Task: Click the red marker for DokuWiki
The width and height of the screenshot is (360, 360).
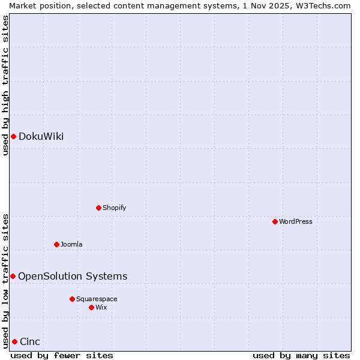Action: pos(13,136)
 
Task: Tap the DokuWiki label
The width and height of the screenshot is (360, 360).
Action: pos(41,137)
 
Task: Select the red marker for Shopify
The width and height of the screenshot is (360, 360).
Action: pos(98,208)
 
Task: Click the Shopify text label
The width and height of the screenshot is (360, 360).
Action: pos(114,208)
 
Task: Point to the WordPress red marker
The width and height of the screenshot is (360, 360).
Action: pos(275,221)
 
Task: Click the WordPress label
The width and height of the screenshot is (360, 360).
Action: pos(295,222)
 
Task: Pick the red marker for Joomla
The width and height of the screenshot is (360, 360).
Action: pos(56,244)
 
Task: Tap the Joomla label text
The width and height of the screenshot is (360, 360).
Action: pos(71,245)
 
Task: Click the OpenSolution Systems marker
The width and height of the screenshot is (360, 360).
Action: pos(13,276)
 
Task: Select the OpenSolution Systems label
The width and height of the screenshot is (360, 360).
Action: pos(73,277)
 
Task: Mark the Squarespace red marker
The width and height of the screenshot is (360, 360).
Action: pos(72,299)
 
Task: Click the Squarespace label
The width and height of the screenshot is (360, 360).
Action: pos(97,299)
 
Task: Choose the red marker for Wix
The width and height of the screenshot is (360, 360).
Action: pos(91,307)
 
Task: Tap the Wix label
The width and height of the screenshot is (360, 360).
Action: pos(101,308)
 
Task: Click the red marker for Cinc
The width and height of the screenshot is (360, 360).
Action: pos(14,341)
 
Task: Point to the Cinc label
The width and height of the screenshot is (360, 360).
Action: pos(30,342)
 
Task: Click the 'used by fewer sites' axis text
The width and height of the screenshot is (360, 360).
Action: pos(62,356)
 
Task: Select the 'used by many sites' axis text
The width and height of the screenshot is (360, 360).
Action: pos(301,356)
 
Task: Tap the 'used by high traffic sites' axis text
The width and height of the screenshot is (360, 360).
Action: pos(5,85)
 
